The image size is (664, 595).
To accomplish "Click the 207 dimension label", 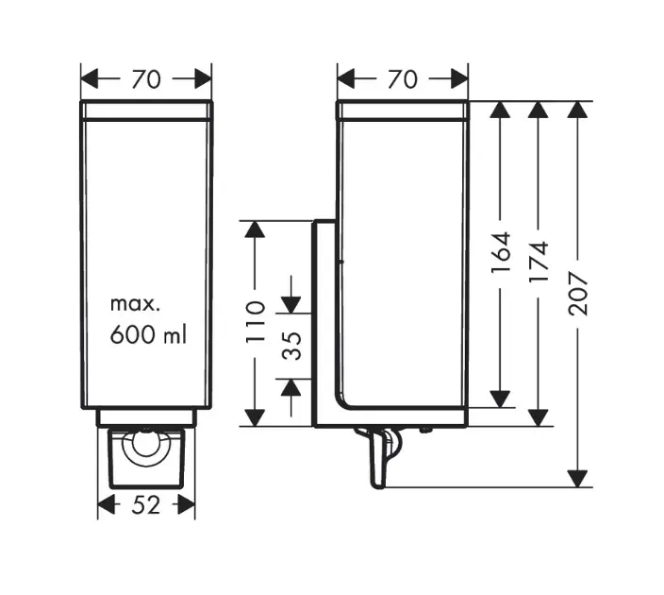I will click(577, 294).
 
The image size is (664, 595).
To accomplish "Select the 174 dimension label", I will click(539, 262).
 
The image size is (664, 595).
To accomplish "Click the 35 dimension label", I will click(292, 346).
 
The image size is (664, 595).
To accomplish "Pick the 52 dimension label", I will click(146, 505).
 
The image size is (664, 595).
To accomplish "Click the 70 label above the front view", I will click(146, 79).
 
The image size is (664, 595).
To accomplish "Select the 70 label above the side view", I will click(403, 79).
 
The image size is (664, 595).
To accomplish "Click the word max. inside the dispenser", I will click(137, 304).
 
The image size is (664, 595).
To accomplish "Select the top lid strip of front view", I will click(146, 110).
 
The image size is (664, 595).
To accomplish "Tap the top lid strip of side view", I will click(403, 110).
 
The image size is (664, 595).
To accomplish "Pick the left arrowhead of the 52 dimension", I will click(107, 505).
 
